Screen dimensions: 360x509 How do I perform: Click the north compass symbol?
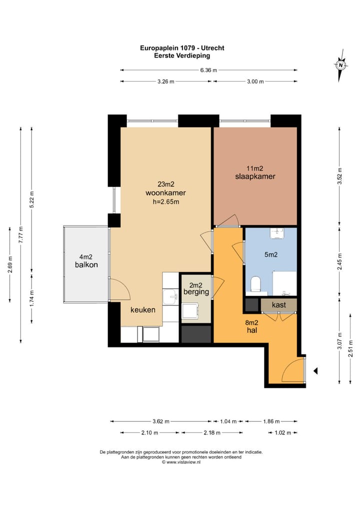click(340, 65)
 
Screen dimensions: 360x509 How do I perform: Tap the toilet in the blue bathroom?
click(256, 283)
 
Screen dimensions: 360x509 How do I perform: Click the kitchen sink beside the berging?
click(170, 296)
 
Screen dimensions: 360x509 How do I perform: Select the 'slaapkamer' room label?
click(255, 176)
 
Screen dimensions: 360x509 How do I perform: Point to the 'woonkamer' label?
click(165, 193)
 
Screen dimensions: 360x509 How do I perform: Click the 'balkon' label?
click(86, 265)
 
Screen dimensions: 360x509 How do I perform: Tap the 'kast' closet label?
click(279, 305)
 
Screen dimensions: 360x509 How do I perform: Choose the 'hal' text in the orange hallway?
click(252, 330)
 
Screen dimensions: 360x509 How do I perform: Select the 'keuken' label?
click(143, 310)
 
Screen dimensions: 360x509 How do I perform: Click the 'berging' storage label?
click(196, 292)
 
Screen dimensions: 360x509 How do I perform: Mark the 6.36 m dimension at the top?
click(208, 70)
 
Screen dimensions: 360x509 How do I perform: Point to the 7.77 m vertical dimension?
click(21, 234)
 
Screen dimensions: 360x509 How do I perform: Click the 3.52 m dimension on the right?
click(339, 176)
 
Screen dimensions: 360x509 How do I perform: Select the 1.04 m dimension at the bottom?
click(228, 421)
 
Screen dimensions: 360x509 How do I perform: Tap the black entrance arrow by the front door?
click(315, 371)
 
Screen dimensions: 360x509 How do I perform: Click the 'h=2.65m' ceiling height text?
click(166, 202)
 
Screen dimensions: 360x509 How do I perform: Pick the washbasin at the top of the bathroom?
click(277, 233)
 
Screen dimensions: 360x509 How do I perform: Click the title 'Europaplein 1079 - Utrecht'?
click(182, 48)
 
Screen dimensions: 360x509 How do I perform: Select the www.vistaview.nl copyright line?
click(181, 462)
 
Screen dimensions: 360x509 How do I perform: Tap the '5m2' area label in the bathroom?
click(270, 255)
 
